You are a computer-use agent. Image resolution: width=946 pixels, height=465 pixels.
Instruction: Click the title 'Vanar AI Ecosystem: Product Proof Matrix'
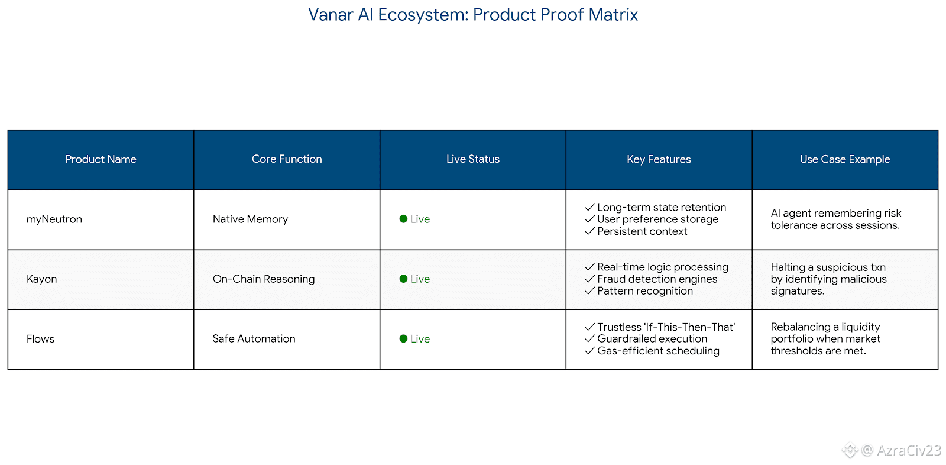(472, 15)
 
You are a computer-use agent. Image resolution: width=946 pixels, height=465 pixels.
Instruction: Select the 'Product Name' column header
(101, 159)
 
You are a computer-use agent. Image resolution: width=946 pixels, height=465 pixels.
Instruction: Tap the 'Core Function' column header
(287, 159)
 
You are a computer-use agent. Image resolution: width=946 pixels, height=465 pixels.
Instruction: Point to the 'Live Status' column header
(473, 159)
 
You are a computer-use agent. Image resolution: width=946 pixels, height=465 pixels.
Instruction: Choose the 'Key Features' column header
(659, 159)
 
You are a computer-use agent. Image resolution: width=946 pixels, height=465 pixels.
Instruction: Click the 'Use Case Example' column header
(845, 159)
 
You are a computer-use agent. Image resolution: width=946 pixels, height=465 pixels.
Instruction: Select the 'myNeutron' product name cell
(54, 219)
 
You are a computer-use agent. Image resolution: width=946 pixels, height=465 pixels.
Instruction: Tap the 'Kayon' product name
(41, 279)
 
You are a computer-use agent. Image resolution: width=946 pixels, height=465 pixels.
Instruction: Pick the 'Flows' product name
(40, 339)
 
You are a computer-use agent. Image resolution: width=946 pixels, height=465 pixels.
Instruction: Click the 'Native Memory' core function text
(250, 219)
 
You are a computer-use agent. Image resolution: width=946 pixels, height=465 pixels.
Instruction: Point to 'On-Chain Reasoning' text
(264, 279)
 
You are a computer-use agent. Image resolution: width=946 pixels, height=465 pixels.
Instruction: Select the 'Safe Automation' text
(254, 338)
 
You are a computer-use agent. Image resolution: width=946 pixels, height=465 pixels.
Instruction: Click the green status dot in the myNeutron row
(403, 219)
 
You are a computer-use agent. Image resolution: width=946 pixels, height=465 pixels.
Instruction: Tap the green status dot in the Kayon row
(403, 279)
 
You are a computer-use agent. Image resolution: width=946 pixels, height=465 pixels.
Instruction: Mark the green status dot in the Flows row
(403, 338)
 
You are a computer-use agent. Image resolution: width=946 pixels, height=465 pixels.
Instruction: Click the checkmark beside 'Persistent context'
(589, 231)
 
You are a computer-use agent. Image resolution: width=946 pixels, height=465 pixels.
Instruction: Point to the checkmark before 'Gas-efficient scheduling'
(589, 350)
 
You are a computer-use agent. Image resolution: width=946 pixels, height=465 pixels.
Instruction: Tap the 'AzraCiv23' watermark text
(909, 450)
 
